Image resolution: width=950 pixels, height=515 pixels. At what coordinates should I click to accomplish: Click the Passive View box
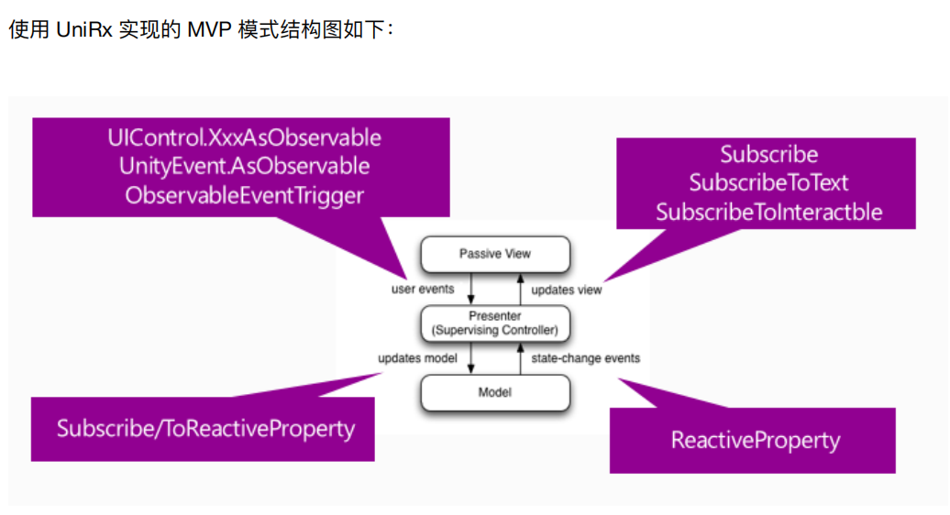click(x=495, y=254)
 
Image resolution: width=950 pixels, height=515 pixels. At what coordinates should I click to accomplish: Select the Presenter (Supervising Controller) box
click(x=495, y=323)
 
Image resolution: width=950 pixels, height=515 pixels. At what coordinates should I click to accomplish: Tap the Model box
click(x=495, y=392)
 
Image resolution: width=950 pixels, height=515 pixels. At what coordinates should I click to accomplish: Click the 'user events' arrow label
click(x=423, y=289)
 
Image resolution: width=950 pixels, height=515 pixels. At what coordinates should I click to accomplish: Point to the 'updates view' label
click(x=567, y=290)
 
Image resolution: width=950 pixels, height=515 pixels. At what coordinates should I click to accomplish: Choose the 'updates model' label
click(x=417, y=357)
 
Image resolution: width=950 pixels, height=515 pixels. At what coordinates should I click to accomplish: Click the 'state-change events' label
click(x=586, y=357)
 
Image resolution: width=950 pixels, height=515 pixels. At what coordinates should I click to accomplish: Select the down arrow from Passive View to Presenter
click(x=471, y=289)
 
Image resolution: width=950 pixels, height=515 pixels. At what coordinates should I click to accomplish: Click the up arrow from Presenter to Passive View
click(x=520, y=289)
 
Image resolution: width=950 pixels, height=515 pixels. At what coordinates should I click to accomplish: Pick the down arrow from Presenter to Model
click(x=471, y=357)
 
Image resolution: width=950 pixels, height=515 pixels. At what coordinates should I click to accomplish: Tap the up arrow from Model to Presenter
click(x=520, y=357)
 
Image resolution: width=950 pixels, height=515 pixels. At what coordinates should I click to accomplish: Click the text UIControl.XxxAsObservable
click(x=244, y=138)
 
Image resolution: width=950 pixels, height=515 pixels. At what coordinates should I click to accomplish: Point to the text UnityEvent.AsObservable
click(x=244, y=167)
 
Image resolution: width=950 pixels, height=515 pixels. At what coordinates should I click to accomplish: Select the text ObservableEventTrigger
click(x=244, y=195)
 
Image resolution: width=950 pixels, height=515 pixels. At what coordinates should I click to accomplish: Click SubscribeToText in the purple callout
click(x=768, y=183)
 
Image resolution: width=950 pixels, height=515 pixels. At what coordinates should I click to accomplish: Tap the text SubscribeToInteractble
click(x=768, y=213)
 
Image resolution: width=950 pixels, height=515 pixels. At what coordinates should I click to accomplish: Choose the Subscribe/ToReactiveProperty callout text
click(x=205, y=428)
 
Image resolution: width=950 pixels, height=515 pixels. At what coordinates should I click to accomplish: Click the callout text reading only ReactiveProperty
click(x=755, y=440)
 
